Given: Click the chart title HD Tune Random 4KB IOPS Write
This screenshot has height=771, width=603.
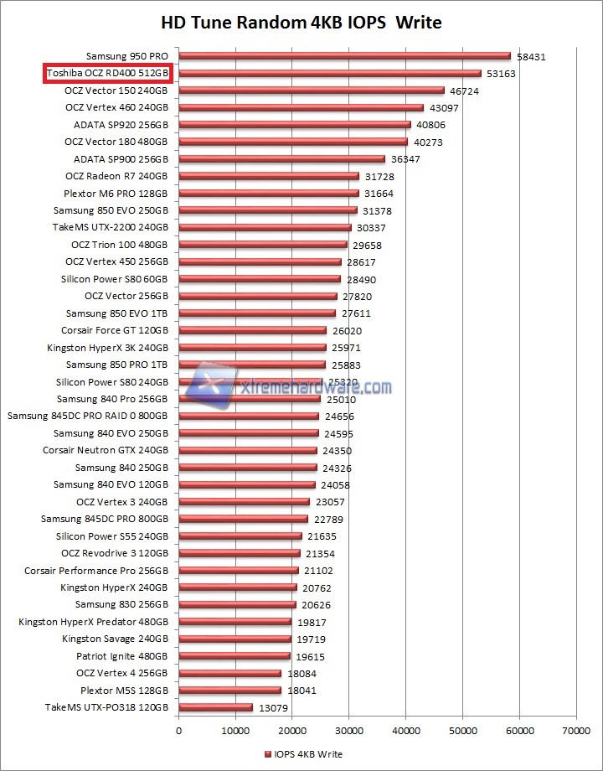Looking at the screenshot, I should click(301, 22).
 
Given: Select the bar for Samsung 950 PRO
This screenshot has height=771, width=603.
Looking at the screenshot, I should click(344, 56).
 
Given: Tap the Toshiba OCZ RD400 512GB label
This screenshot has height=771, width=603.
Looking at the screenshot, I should click(107, 74).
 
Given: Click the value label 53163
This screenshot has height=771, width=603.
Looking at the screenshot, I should click(501, 75).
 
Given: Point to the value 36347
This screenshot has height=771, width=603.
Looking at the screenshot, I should click(405, 159).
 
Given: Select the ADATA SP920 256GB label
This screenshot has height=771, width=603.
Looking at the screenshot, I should click(121, 125).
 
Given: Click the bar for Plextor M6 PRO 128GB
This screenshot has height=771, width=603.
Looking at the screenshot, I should click(269, 194).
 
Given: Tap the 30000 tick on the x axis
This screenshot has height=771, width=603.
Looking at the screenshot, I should click(348, 732).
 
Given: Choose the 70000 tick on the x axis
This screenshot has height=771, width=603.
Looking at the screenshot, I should click(575, 732).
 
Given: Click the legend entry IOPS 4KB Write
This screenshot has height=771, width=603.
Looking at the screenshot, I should click(302, 754).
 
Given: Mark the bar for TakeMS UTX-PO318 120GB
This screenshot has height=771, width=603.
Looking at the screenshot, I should click(215, 707).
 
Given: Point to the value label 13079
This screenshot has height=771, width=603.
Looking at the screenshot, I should click(273, 709).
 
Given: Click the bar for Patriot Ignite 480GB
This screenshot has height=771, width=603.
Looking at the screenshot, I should click(234, 656).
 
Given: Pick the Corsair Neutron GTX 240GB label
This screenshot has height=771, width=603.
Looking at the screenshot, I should click(106, 450).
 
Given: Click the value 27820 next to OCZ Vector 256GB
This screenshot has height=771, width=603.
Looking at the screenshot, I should click(357, 297).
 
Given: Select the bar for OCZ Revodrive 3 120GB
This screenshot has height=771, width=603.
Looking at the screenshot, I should click(240, 553).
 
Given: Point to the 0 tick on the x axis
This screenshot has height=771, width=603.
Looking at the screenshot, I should click(178, 732).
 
